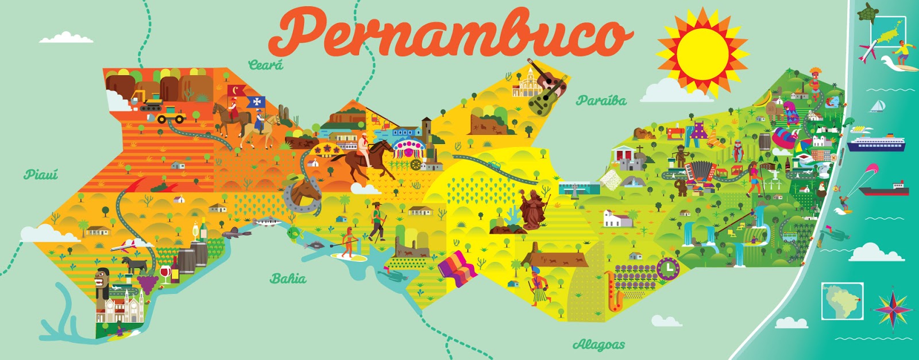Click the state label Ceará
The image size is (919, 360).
265,65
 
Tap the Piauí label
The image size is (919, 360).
41,174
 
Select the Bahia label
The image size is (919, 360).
288,279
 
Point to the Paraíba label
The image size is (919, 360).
601,100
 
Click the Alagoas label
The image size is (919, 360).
598,344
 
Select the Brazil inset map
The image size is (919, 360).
842,301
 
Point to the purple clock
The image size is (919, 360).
667,268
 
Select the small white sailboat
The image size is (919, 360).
877,106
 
